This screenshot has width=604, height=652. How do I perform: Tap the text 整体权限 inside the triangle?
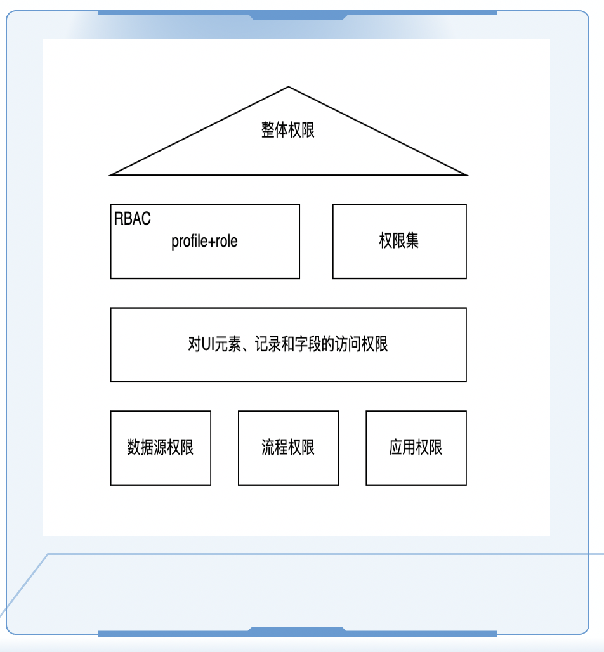click(x=288, y=130)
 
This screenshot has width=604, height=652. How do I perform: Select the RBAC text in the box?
click(x=133, y=219)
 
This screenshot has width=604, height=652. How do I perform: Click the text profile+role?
click(x=204, y=242)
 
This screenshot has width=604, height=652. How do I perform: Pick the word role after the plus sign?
click(x=225, y=242)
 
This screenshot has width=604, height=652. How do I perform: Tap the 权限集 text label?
click(x=399, y=242)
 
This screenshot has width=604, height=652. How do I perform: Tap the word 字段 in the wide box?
click(x=308, y=344)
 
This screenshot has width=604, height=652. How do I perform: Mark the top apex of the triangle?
click(x=289, y=88)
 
